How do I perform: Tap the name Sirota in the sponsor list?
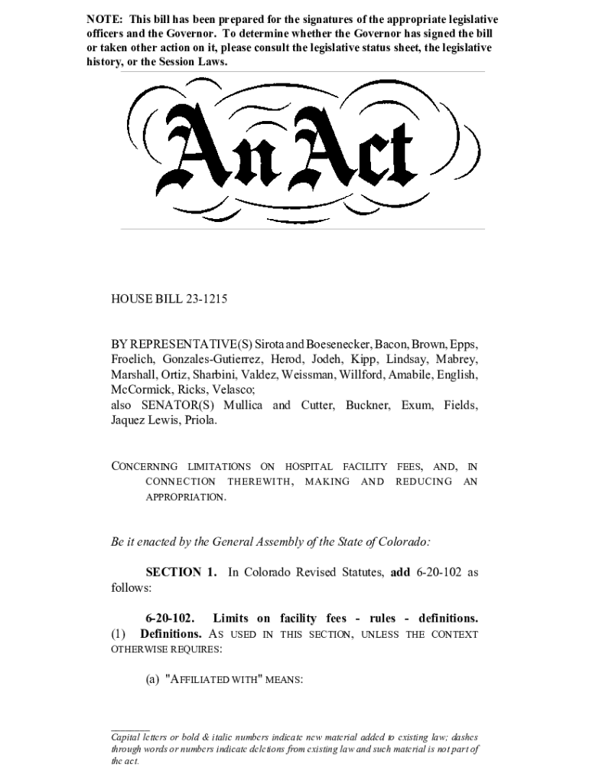click(272, 345)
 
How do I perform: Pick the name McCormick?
click(140, 390)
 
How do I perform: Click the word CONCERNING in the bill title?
click(145, 467)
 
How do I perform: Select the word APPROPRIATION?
click(186, 498)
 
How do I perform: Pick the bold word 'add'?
click(401, 573)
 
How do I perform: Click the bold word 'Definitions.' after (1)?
click(171, 634)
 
